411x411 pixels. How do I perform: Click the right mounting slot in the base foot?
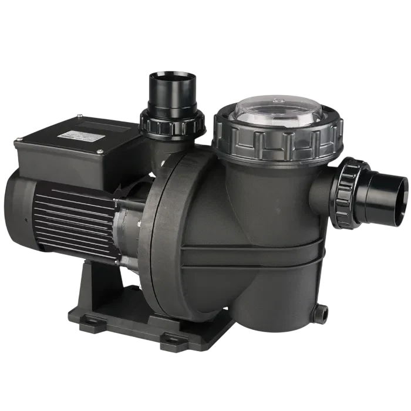(x=171, y=338)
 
